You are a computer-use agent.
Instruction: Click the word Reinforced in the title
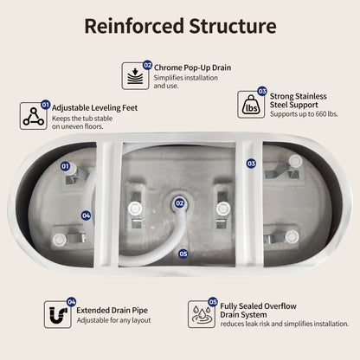point(134,26)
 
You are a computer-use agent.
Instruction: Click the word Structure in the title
point(233,26)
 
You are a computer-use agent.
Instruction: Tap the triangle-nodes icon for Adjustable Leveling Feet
point(34,116)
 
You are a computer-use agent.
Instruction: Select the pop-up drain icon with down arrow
point(135,76)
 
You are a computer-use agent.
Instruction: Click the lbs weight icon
point(251,105)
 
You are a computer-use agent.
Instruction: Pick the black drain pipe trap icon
point(58,314)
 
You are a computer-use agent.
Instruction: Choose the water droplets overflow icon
point(202,314)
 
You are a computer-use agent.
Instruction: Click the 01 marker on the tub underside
point(65,166)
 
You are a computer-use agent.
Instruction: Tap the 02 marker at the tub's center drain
point(180,203)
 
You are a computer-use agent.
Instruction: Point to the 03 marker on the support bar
point(251,164)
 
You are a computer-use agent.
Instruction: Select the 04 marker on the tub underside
point(86,215)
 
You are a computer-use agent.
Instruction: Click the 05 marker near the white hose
point(183,254)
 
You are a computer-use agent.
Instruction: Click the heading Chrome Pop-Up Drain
point(192,67)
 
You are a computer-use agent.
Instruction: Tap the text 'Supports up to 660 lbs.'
point(304,114)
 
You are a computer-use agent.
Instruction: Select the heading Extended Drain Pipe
point(112,311)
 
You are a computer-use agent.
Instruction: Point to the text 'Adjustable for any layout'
point(113,320)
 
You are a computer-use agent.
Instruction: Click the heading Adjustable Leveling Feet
point(94,108)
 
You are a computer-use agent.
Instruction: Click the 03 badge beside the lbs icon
point(262,92)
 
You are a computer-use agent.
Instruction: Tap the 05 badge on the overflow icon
point(213,302)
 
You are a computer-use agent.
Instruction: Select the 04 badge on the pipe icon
point(71,302)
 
